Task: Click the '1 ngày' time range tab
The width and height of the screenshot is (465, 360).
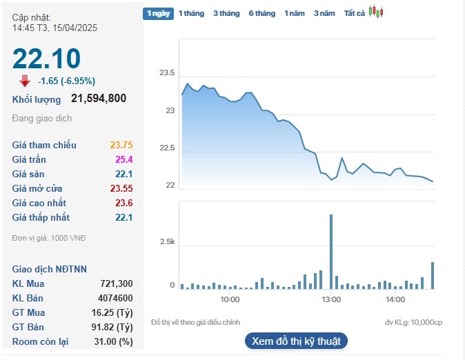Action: (x=158, y=13)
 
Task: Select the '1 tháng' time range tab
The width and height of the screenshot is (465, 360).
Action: (x=191, y=13)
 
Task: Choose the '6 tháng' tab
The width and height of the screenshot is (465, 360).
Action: (x=261, y=13)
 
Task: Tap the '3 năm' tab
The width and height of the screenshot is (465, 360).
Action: (x=324, y=13)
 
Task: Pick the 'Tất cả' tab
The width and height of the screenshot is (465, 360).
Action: (x=354, y=13)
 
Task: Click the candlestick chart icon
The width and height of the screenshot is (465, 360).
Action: (x=375, y=12)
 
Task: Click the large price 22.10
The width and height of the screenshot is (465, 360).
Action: (x=46, y=59)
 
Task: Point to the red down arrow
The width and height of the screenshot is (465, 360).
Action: (x=25, y=81)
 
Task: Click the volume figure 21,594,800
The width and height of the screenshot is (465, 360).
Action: (x=99, y=99)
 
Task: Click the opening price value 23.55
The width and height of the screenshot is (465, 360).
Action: (x=121, y=188)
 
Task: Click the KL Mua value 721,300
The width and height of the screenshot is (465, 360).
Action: (x=117, y=283)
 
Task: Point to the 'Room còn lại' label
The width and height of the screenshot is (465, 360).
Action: (x=41, y=341)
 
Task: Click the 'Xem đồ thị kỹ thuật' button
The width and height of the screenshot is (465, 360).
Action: (x=296, y=341)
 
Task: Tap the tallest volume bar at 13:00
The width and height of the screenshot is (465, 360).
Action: (x=331, y=251)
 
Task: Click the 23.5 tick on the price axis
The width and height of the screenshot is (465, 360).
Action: (x=167, y=73)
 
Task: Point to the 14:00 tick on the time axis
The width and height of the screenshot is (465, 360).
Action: (x=395, y=299)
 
